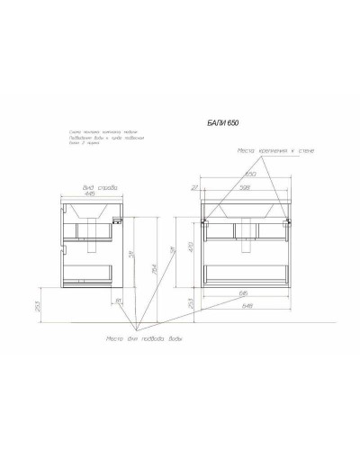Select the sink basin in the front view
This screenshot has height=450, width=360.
tap(248, 212)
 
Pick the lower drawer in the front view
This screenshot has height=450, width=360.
tap(248, 272)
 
